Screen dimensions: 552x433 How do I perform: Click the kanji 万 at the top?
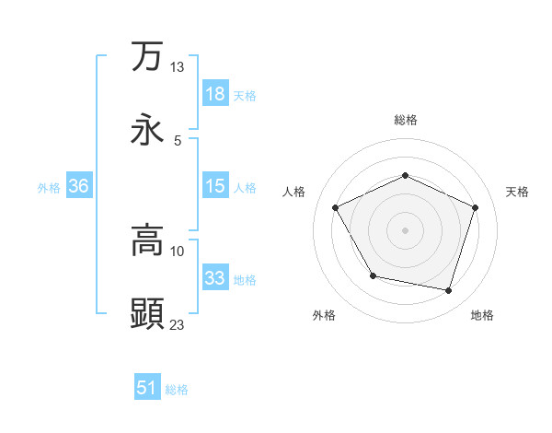(147, 56)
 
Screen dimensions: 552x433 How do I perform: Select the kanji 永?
(147, 129)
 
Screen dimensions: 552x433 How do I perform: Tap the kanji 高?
(147, 241)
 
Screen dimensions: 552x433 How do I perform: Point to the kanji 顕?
(147, 313)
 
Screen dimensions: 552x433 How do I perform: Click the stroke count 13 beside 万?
(177, 67)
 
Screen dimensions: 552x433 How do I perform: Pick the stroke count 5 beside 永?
(177, 140)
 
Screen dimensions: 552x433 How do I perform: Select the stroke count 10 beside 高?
(177, 251)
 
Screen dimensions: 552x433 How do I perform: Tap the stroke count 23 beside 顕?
(177, 323)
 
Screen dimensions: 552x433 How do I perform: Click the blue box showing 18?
(214, 94)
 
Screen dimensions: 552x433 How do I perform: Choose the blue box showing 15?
(214, 186)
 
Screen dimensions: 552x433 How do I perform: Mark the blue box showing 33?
(214, 278)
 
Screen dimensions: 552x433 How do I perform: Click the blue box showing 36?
(78, 186)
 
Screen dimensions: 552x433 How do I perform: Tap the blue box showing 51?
(147, 388)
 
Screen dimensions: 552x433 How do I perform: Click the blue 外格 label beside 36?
(49, 187)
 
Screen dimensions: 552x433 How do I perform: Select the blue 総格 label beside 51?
(177, 390)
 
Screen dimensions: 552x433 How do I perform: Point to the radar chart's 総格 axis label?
(405, 120)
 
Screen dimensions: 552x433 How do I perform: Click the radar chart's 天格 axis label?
(517, 192)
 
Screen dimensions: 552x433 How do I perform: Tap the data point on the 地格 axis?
(449, 290)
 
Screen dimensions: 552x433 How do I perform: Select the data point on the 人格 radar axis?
(335, 207)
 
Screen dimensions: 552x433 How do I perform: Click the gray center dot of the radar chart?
(405, 229)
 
